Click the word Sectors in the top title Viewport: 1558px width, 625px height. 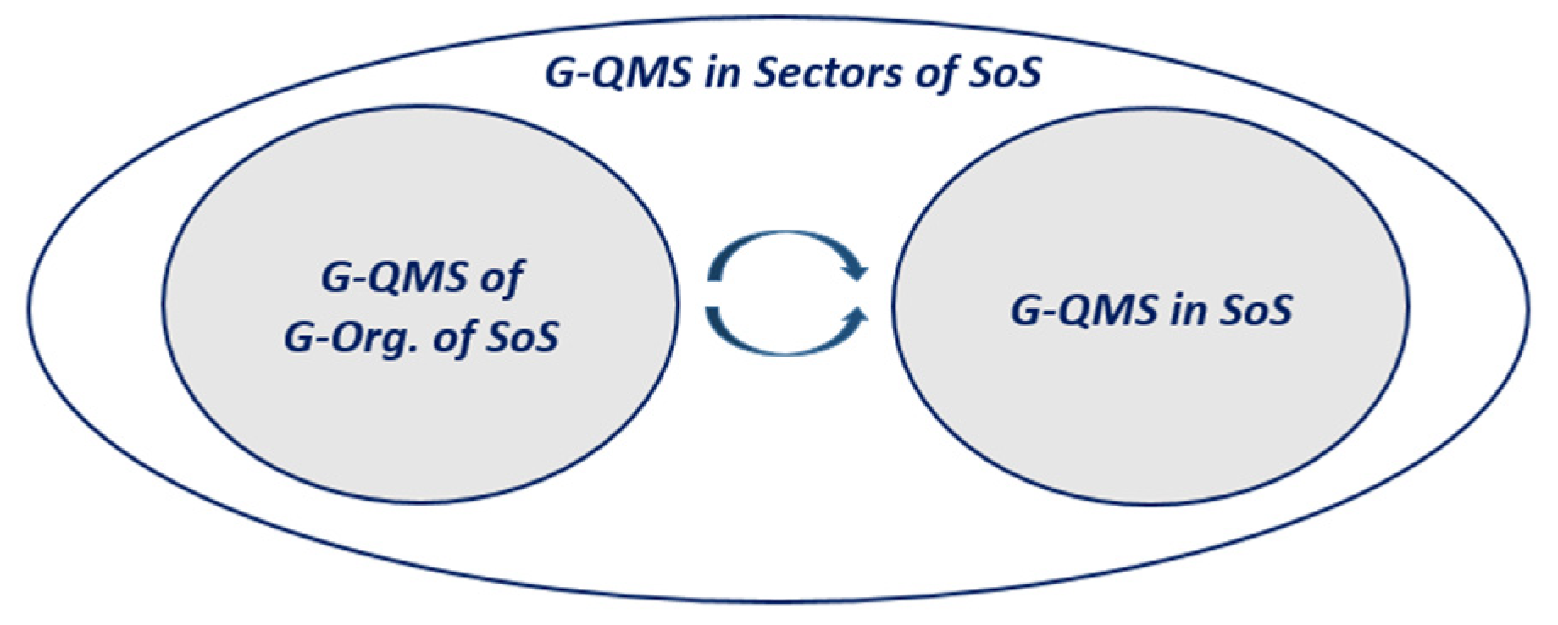[x=829, y=73]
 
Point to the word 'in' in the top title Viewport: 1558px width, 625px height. [x=725, y=73]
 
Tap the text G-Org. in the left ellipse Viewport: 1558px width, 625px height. [x=352, y=338]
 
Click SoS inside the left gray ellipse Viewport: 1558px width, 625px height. [x=522, y=338]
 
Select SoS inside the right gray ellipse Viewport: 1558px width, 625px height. [x=1256, y=309]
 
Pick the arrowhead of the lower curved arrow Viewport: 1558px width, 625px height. [x=857, y=315]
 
